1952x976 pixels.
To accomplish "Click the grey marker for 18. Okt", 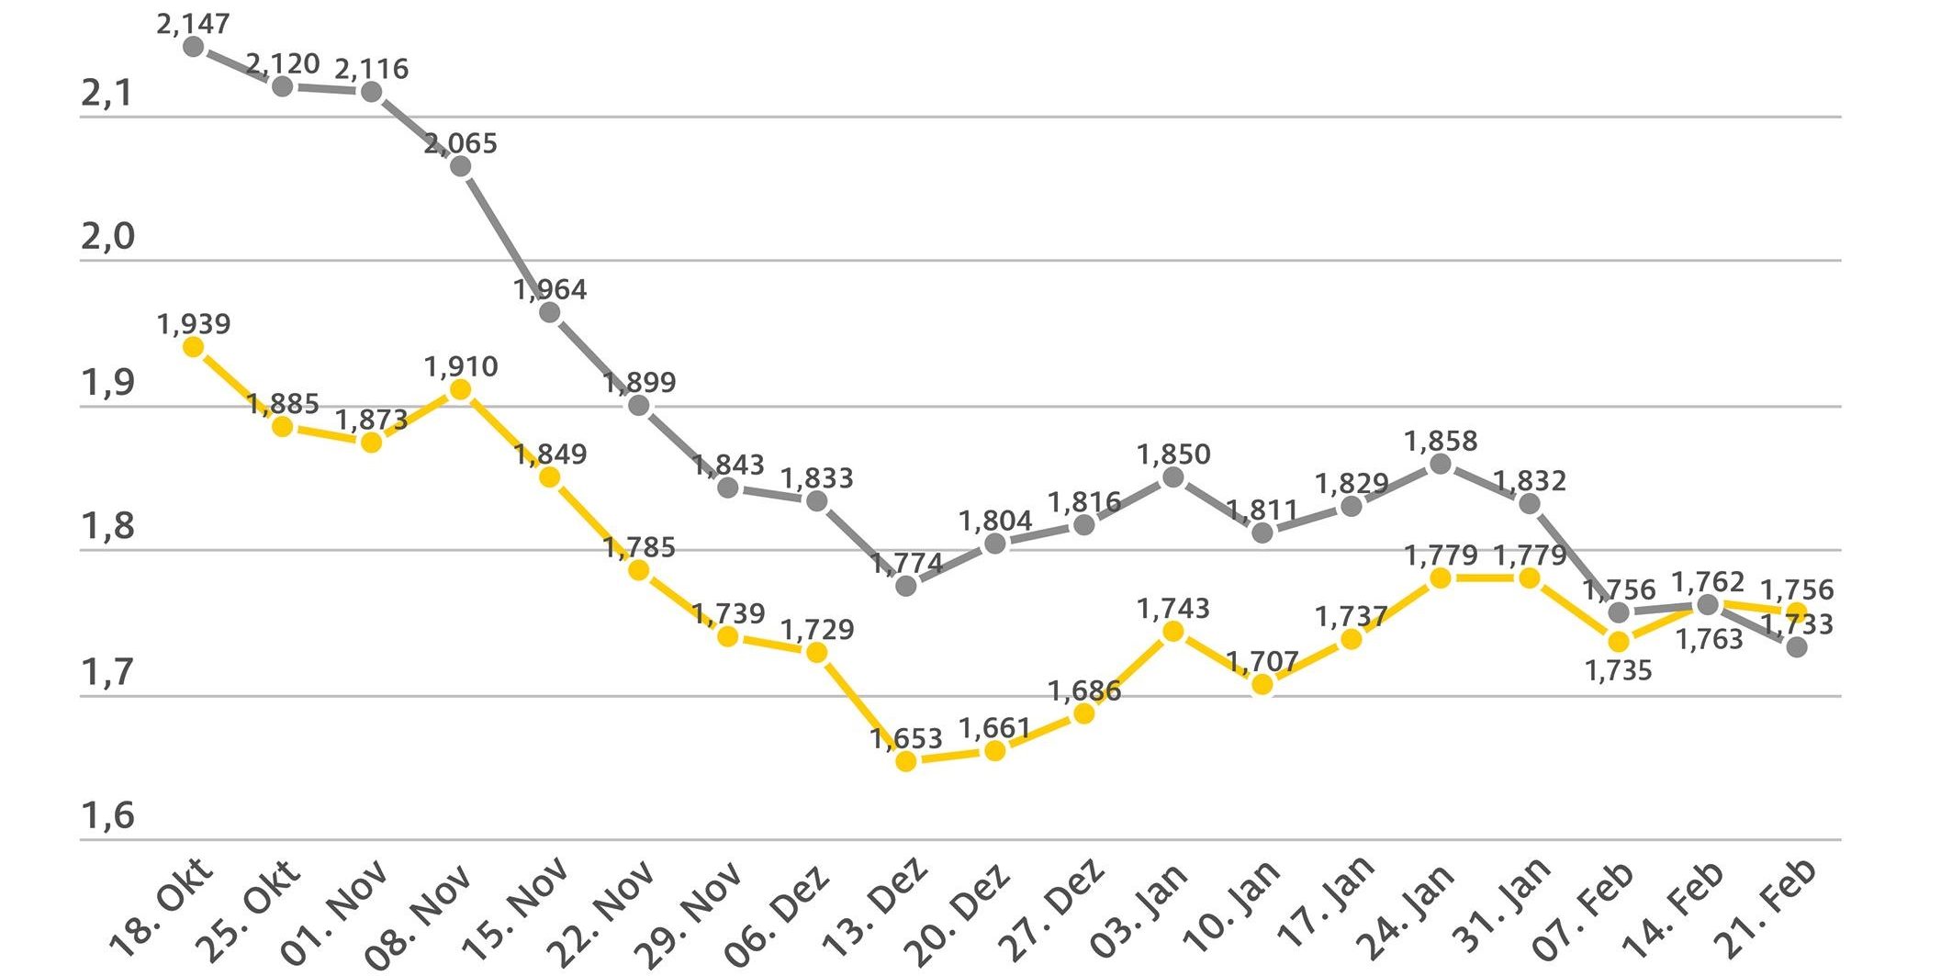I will [x=193, y=46].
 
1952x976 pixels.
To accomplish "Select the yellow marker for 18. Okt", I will [x=193, y=346].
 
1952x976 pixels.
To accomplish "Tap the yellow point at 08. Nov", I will [x=461, y=389].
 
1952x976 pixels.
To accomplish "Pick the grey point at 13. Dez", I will [x=905, y=585].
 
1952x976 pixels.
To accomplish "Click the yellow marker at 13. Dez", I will [x=905, y=760].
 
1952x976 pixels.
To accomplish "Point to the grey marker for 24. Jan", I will [x=1441, y=464].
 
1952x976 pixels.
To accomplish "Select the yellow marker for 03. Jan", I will [x=1172, y=631].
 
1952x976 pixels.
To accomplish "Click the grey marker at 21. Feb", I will [x=1797, y=646].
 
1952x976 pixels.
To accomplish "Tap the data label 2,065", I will [x=461, y=143].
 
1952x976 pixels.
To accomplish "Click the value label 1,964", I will [x=550, y=290].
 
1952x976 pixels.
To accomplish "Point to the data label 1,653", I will [x=906, y=738].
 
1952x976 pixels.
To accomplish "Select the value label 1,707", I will [x=1262, y=661].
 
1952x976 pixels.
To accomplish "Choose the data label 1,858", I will [x=1441, y=441].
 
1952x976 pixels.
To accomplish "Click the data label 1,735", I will [x=1618, y=670].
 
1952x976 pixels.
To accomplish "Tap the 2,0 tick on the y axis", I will [x=107, y=237].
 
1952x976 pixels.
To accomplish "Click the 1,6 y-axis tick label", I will [x=107, y=815].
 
